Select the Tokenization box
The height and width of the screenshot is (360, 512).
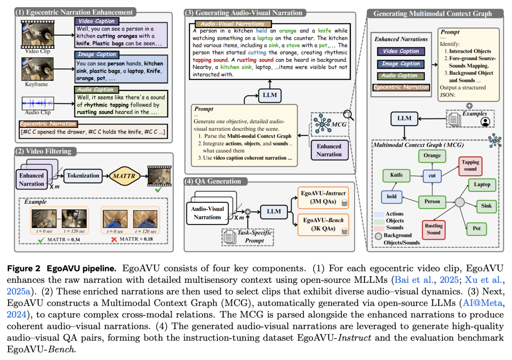(x=83, y=176)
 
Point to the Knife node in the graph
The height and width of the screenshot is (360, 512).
(x=396, y=175)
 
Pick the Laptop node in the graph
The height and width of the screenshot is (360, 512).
(x=482, y=184)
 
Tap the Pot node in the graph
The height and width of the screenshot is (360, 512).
(x=476, y=229)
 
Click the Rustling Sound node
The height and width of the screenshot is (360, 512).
(x=433, y=229)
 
